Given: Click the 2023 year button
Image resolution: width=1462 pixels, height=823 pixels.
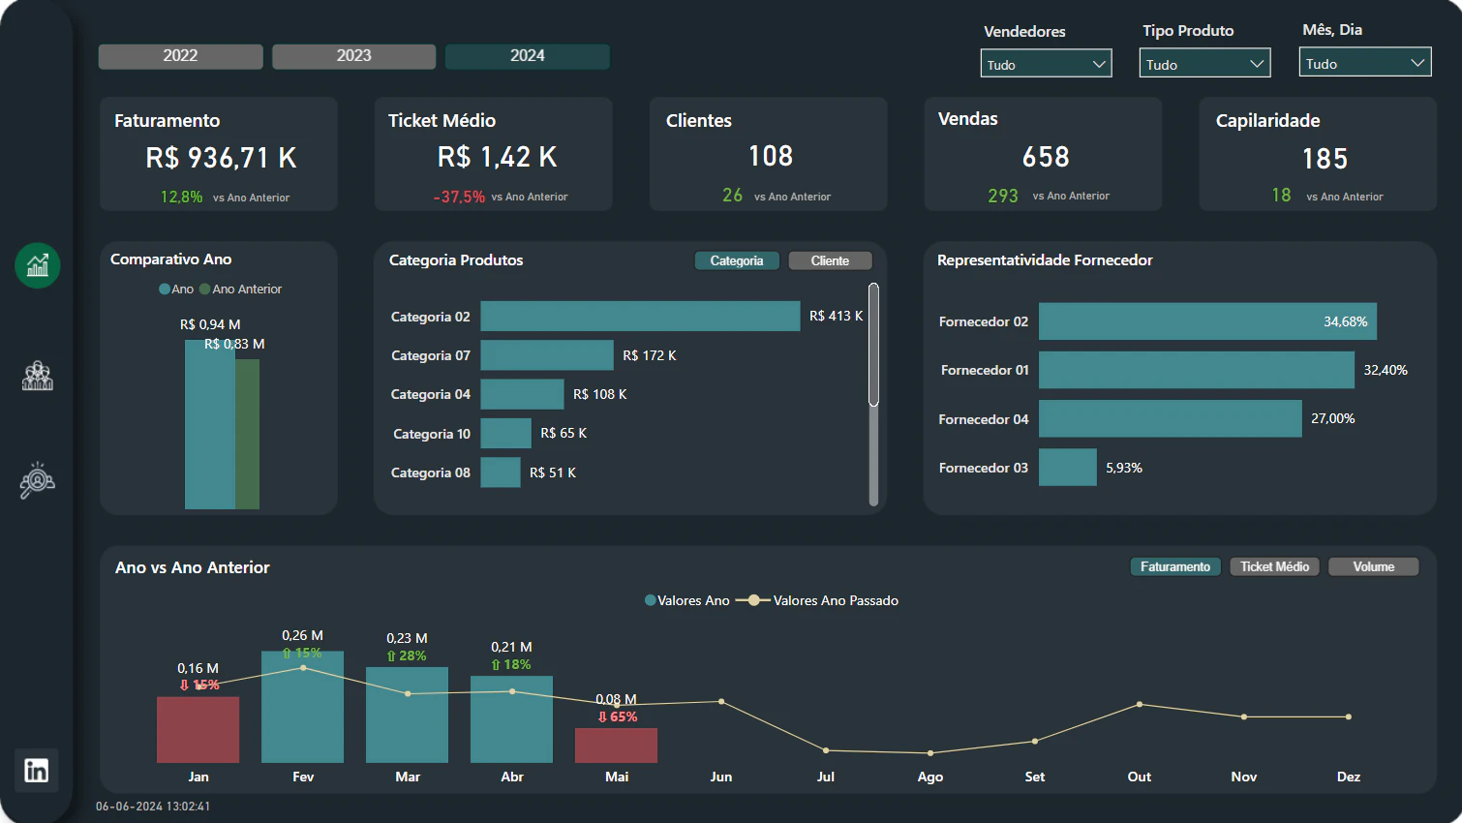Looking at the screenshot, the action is pos(353,56).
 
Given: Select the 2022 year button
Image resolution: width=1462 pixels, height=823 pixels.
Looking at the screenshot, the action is pos(180,56).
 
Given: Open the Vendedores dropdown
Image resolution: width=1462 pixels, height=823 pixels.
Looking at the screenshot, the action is pos(1046,64).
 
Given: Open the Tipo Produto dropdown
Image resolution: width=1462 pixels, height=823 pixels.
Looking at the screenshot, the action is pos(1204,63).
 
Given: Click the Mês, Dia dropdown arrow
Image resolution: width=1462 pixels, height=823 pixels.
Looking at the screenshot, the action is pos(1416,63).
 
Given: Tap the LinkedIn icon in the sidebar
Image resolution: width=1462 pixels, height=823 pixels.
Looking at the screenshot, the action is pos(37,771).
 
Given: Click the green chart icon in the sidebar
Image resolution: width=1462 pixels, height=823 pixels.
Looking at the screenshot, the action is pos(37,265).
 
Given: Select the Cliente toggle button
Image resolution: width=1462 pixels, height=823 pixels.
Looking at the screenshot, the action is pos(830,261).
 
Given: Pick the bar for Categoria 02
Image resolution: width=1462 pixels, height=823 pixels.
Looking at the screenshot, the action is pos(640,316).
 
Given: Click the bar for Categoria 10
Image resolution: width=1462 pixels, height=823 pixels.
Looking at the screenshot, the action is pos(505,434).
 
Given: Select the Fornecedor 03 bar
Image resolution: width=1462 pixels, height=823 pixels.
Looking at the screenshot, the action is pos(1068,468).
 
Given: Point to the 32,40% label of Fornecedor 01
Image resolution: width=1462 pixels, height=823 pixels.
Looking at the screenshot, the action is pos(1385,370).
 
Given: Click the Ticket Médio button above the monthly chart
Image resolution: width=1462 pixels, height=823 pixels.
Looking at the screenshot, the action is pos(1274,566).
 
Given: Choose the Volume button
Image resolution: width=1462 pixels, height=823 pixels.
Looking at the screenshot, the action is pos(1373,566).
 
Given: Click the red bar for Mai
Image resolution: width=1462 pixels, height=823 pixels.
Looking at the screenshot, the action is pos(616,746).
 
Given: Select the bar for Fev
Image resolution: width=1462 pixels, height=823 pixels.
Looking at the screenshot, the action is pos(302,707).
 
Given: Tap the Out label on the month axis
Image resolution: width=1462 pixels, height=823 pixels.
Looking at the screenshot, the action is pos(1139,777).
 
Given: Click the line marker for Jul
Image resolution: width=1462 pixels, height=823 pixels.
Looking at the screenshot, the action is pos(826,750).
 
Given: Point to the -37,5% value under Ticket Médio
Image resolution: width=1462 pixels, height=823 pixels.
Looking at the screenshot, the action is pos(459,197).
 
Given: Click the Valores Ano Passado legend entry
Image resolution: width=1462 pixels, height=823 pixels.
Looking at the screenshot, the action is pos(817,600).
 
